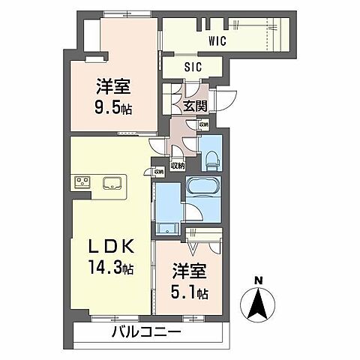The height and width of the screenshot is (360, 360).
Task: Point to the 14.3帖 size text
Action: [109, 265]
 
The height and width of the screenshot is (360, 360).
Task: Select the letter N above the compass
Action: [257, 281]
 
